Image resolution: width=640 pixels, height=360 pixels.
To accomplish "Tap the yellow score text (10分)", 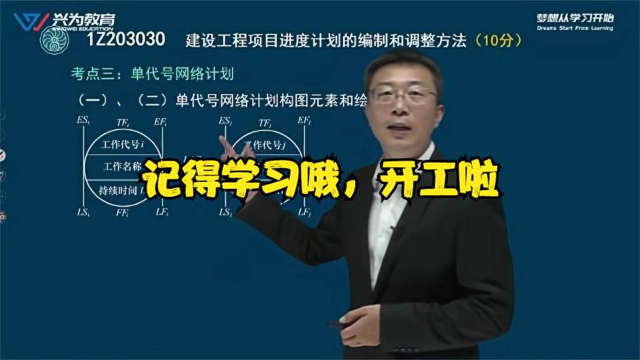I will coord(499,41).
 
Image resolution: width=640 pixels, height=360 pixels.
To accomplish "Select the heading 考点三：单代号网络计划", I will coord(153,73).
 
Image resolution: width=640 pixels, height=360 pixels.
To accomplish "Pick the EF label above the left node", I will coord(161,121).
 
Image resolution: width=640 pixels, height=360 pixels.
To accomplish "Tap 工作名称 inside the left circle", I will coord(121,166).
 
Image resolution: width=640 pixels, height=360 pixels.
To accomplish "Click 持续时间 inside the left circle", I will coord(119,190).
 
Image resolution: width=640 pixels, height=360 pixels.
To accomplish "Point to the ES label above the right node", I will coord(226,121).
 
